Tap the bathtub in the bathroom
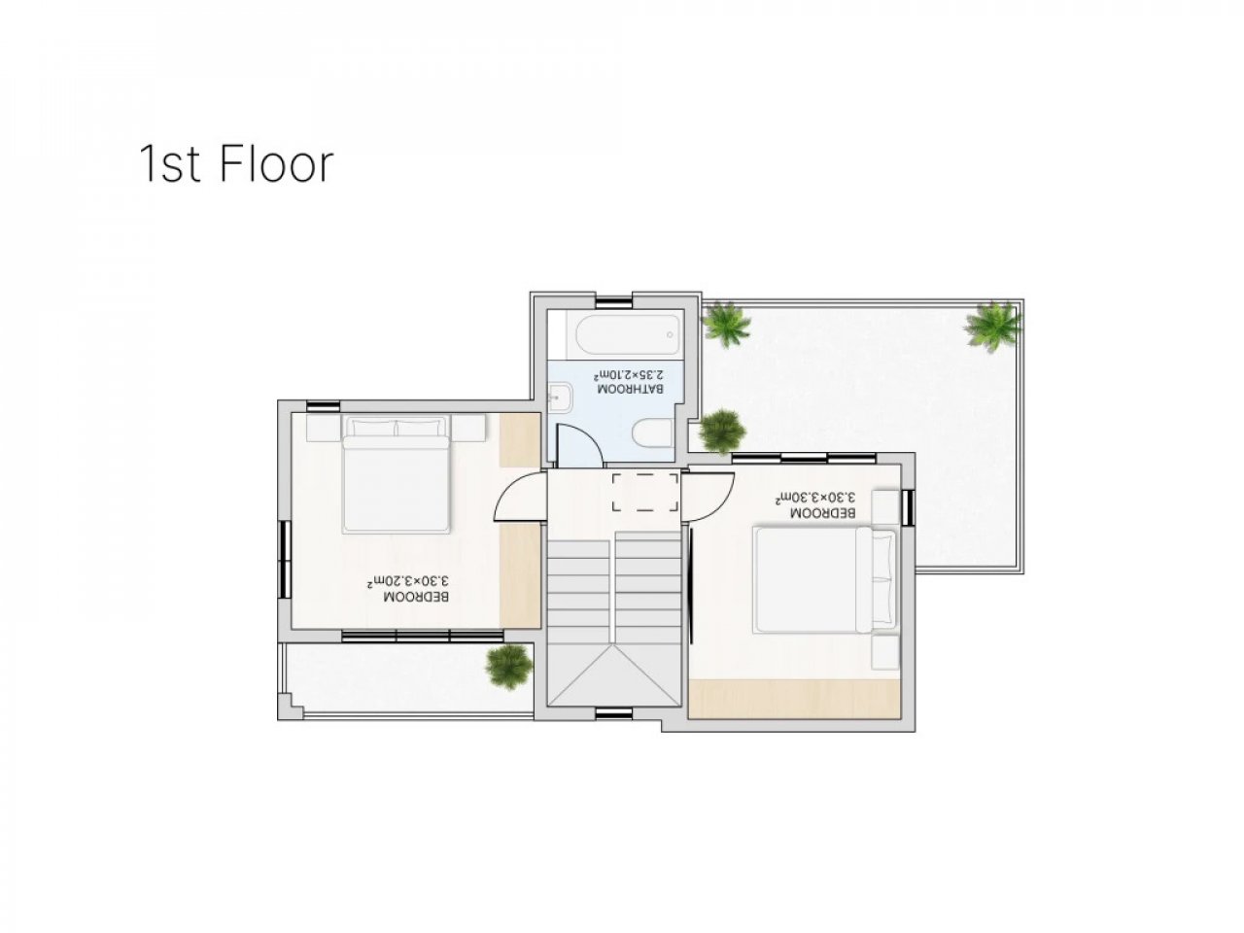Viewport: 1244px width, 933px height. (628, 334)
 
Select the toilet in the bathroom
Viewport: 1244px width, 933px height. (653, 439)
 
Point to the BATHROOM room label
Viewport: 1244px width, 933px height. (630, 389)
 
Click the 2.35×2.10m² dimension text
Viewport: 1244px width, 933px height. (628, 374)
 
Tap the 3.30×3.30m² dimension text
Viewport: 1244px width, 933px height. (815, 497)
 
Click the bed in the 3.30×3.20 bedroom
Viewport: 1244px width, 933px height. (396, 474)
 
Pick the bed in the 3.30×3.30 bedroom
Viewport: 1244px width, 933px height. (824, 579)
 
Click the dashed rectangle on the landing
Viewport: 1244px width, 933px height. (645, 493)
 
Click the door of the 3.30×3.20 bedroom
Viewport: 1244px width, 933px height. (519, 496)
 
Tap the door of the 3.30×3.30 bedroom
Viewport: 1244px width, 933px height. (708, 497)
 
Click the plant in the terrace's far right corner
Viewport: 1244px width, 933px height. (993, 328)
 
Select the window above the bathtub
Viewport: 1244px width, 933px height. (614, 302)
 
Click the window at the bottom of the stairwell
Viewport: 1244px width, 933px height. (614, 713)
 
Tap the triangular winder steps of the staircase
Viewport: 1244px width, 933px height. (614, 674)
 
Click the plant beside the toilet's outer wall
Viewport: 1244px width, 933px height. (721, 432)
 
